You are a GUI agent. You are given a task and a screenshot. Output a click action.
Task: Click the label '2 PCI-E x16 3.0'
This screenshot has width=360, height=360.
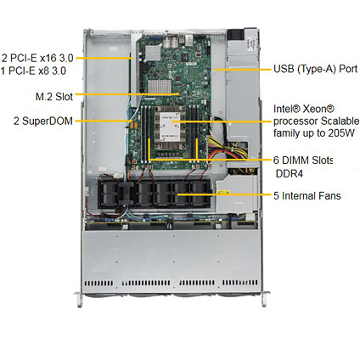[37, 59]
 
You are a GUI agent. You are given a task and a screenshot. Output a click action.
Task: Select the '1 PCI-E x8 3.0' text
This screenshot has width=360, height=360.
[33, 70]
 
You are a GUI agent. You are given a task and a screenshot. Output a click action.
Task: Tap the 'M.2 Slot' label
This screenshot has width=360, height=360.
[54, 97]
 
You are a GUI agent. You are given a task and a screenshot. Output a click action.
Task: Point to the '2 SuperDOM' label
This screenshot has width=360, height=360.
[43, 121]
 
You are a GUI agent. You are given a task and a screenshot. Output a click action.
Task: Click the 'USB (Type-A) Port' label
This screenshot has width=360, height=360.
[316, 69]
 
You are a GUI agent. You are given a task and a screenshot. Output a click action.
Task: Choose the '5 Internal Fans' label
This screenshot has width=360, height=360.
[307, 196]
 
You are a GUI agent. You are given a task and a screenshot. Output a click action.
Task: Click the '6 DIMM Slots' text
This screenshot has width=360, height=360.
[303, 160]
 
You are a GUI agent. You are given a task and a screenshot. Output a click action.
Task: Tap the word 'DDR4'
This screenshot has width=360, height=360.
[290, 174]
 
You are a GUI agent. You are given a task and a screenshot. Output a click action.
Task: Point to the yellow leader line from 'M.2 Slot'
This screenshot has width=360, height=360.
[127, 94]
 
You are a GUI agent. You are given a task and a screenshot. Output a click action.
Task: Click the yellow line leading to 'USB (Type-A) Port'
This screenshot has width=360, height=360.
[243, 70]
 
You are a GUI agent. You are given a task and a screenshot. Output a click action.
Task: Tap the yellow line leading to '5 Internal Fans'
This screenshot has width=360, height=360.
[224, 194]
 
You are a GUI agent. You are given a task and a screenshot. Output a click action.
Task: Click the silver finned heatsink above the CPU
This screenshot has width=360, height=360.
[160, 86]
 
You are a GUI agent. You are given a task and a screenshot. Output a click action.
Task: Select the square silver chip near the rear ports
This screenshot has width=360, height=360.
[153, 53]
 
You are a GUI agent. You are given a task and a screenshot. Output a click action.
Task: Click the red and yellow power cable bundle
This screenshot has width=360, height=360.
[227, 149]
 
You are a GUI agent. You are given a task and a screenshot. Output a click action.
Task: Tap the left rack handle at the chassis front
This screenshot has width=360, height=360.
[79, 300]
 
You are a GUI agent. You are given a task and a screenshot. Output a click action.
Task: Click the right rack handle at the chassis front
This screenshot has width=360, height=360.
[264, 299]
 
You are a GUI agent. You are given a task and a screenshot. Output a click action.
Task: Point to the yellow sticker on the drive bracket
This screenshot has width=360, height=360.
[223, 193]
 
